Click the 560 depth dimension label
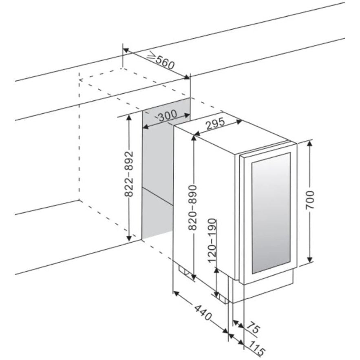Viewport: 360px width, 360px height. (165, 63)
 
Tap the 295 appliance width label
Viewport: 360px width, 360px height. (215, 124)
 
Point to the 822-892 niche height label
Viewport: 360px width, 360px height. (129, 174)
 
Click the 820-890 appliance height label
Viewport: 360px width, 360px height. (192, 208)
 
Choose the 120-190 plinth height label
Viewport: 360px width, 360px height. (212, 241)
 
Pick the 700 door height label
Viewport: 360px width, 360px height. (310, 200)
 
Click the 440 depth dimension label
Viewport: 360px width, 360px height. (203, 313)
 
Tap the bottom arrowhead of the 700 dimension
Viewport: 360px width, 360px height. (310, 258)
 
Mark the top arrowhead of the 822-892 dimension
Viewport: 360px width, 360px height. (129, 119)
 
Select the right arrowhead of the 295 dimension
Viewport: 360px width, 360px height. (239, 122)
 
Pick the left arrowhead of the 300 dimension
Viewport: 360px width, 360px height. (146, 126)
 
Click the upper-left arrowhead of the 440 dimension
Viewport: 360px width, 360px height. (176, 294)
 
